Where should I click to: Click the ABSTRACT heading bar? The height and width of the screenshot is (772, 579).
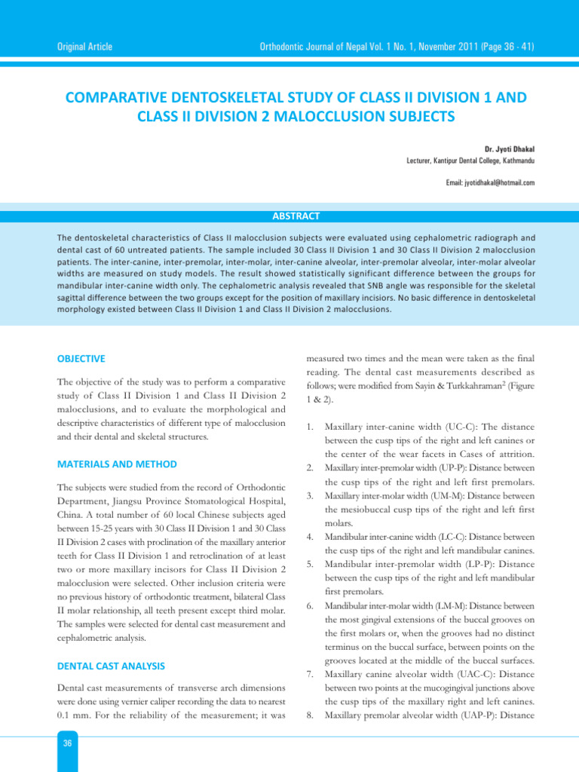(x=289, y=216)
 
